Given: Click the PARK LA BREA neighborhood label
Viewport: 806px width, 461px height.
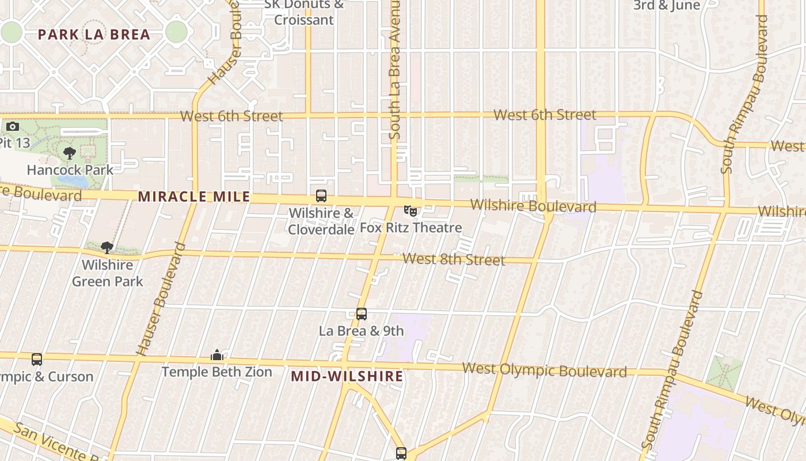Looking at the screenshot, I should click(94, 34).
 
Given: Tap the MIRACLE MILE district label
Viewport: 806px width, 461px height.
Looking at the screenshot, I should click(194, 197).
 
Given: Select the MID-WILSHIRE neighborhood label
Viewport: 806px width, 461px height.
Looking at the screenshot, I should click(347, 376).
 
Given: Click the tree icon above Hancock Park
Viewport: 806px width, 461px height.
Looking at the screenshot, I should click(70, 153).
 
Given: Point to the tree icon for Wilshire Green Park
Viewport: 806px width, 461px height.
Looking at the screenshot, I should click(107, 248).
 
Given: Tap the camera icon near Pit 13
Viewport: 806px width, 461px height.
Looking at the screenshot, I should click(12, 126).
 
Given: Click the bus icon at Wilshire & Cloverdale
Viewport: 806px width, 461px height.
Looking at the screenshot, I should click(321, 196).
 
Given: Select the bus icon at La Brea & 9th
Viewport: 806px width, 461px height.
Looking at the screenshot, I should click(362, 314).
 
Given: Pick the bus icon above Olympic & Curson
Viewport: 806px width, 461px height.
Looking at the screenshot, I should click(37, 360).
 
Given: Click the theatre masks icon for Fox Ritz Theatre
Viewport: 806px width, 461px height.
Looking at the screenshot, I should click(410, 211).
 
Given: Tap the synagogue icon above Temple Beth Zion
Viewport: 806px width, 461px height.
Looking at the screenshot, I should click(217, 355).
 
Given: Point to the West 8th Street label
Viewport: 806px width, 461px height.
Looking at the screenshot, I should click(454, 259).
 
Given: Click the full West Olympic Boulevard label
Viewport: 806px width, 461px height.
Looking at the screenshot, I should click(544, 370).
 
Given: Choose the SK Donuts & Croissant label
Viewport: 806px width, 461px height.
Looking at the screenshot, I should click(303, 12).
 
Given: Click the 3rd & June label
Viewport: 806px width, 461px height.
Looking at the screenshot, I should click(667, 6).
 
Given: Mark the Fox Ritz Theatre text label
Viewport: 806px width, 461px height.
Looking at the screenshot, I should click(411, 228).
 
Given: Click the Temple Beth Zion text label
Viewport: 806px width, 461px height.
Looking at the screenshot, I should click(216, 372).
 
